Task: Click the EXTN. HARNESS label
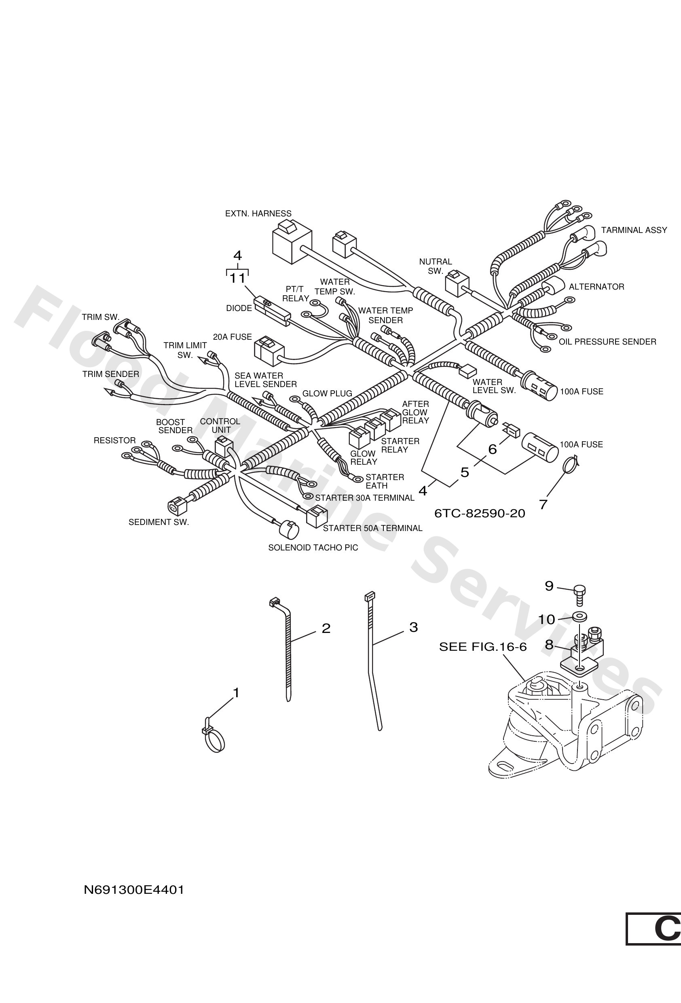point(258,214)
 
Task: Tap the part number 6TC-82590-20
point(480,514)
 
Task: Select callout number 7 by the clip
point(543,504)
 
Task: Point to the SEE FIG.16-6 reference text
point(482,647)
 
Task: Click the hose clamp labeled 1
point(214,741)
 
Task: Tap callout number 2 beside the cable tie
point(326,628)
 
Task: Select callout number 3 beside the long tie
point(413,627)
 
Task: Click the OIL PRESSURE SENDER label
point(607,342)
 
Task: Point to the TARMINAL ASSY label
point(634,231)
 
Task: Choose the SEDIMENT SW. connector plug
point(176,507)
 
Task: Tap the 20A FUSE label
point(232,337)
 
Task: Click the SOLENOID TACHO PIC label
point(313,548)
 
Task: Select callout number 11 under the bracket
point(237,278)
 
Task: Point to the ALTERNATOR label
point(596,287)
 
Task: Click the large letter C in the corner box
point(667,941)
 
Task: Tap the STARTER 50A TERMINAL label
point(372,528)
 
